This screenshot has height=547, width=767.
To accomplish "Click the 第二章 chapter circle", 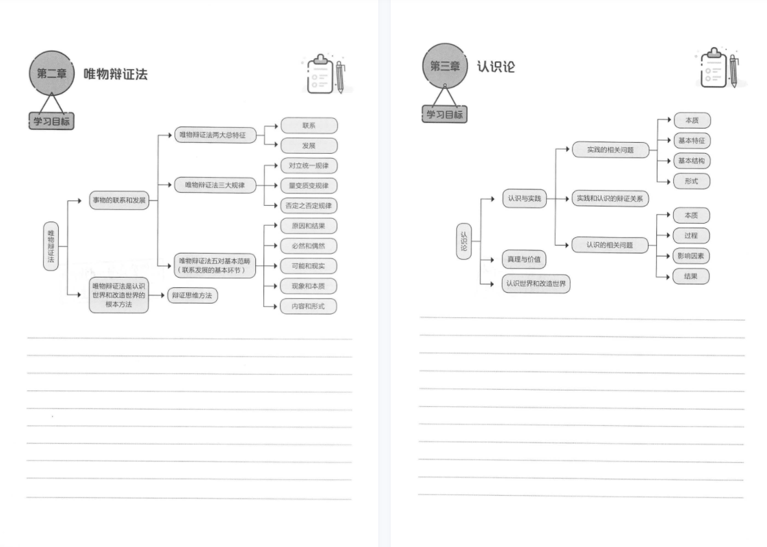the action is pyautogui.click(x=52, y=73).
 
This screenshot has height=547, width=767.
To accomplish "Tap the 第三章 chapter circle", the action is pyautogui.click(x=445, y=66).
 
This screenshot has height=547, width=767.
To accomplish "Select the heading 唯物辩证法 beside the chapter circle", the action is pyautogui.click(x=116, y=75).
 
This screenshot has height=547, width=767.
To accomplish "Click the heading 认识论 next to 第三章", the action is pyautogui.click(x=496, y=66).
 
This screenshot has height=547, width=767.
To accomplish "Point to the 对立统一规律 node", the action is pyautogui.click(x=309, y=165).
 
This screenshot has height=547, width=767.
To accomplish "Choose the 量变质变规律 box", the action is pyautogui.click(x=309, y=186).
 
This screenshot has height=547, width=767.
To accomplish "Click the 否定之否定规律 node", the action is pyautogui.click(x=309, y=206).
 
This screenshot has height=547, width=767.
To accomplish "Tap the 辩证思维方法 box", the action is pyautogui.click(x=192, y=295).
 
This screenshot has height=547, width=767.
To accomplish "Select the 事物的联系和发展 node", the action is pyautogui.click(x=119, y=200).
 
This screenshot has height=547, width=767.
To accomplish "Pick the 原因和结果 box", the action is pyautogui.click(x=309, y=226).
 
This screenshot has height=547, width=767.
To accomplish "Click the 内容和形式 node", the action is pyautogui.click(x=309, y=306).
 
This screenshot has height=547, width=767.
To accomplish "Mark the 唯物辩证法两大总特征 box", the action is pyautogui.click(x=216, y=135).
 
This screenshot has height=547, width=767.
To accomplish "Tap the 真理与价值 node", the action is pyautogui.click(x=524, y=260).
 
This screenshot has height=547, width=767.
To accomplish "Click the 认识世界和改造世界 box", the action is pyautogui.click(x=536, y=284).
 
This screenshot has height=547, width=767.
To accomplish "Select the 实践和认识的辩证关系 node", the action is pyautogui.click(x=610, y=198).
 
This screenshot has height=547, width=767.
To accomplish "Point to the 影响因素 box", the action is pyautogui.click(x=691, y=256).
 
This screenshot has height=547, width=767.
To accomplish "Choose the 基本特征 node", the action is pyautogui.click(x=692, y=141).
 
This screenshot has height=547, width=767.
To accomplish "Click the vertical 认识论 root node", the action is pyautogui.click(x=464, y=241).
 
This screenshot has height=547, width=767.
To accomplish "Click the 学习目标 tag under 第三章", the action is pyautogui.click(x=444, y=114).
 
